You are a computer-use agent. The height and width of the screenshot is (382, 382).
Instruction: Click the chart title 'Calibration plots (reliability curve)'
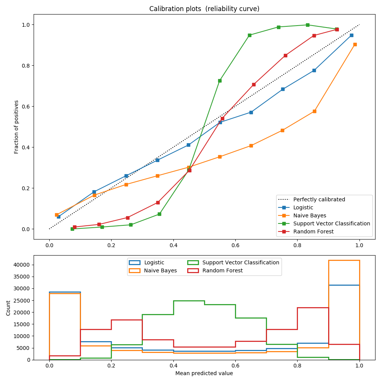pyautogui.click(x=204, y=9)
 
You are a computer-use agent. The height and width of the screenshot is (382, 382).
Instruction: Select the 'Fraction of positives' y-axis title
pyautogui.click(x=16, y=127)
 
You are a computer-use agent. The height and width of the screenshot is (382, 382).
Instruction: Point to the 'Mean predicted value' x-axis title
pyautogui.click(x=204, y=373)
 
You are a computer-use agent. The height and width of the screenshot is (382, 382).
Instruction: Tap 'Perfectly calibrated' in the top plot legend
pyautogui.click(x=319, y=199)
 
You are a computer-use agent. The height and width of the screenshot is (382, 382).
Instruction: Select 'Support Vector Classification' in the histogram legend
pyautogui.click(x=241, y=262)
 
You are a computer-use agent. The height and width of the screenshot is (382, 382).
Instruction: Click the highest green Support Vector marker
pyautogui.click(x=308, y=25)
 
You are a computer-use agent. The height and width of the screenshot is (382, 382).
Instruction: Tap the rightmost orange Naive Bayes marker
pyautogui.click(x=355, y=44)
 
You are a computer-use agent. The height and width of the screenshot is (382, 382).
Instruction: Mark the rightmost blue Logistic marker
pyautogui.click(x=351, y=35)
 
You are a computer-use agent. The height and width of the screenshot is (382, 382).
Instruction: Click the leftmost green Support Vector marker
pyautogui.click(x=72, y=229)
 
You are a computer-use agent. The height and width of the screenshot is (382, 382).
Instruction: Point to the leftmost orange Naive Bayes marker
pyautogui.click(x=57, y=215)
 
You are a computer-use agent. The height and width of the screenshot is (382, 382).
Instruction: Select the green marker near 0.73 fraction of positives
pyautogui.click(x=220, y=81)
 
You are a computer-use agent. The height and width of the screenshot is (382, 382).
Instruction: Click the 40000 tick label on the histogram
pyautogui.click(x=38, y=265)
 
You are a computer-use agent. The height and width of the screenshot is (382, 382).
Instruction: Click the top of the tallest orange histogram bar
pyautogui.click(x=344, y=260)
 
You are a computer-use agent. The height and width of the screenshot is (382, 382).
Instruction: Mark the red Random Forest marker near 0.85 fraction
pyautogui.click(x=285, y=55)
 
